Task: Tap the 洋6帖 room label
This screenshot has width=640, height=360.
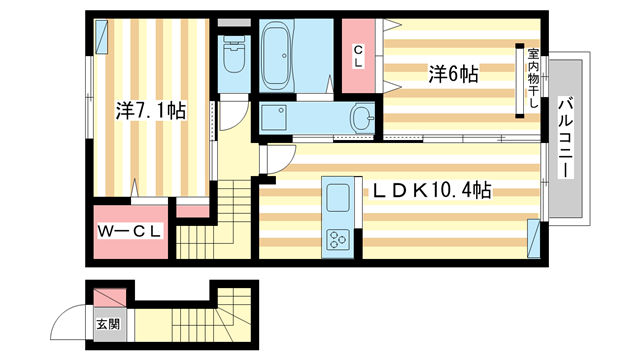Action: click(x=453, y=73)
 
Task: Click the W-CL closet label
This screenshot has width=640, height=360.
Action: click(x=130, y=232)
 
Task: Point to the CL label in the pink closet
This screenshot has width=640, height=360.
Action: click(x=357, y=57)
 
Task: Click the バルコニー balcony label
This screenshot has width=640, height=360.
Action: click(x=565, y=138)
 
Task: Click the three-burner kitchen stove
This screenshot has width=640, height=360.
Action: click(x=336, y=238)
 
